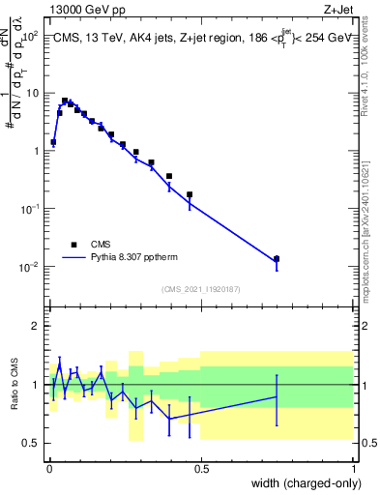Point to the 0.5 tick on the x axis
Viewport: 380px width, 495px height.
coord(201,468)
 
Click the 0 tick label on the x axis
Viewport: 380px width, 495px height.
coord(48,468)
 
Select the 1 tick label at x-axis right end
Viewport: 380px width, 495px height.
coord(354,468)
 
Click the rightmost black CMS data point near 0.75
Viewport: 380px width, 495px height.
coord(277,259)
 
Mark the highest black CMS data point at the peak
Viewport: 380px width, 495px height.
coord(65,101)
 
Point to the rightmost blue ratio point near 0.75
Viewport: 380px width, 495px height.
coord(277,396)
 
